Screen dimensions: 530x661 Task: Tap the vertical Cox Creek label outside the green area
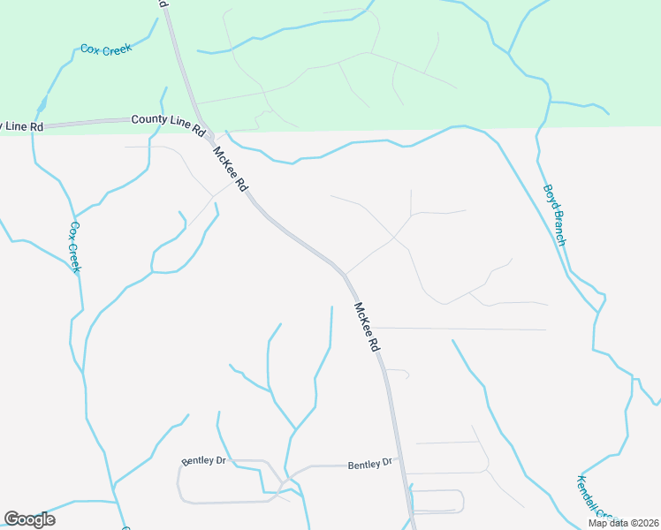[x=75, y=247]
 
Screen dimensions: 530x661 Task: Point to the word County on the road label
[x=148, y=119]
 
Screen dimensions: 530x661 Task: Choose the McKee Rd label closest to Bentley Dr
[x=366, y=329]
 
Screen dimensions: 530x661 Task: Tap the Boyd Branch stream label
[x=553, y=215]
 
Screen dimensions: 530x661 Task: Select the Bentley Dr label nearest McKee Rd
[x=369, y=464]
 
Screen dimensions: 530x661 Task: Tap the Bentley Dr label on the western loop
[x=204, y=461]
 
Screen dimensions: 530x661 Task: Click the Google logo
[x=29, y=519]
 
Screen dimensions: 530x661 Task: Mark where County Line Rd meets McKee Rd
[x=206, y=130]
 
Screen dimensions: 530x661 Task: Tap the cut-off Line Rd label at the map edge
[x=21, y=126]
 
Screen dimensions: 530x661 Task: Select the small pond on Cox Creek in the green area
[x=41, y=106]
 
